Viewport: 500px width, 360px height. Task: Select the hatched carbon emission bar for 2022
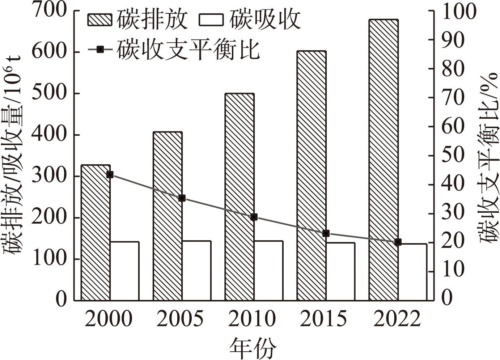[384, 160]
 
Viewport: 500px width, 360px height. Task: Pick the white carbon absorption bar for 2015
[340, 271]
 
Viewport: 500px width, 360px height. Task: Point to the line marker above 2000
[110, 175]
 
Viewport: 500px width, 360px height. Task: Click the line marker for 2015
[326, 233]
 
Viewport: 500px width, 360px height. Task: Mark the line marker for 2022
[398, 242]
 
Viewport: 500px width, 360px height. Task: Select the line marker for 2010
[254, 217]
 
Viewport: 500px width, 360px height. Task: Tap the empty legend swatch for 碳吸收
[211, 19]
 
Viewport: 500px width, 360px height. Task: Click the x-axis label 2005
[180, 319]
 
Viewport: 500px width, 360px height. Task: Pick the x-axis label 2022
[397, 319]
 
